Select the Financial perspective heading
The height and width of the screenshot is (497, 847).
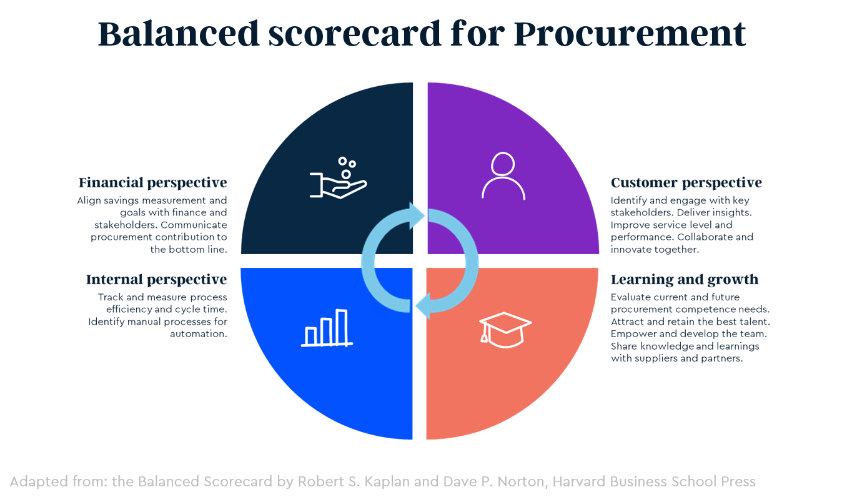pyautogui.click(x=152, y=183)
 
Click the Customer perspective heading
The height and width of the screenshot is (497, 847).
pyautogui.click(x=686, y=183)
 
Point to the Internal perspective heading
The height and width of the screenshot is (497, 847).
pyautogui.click(x=156, y=279)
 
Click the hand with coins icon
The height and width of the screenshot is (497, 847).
pyautogui.click(x=338, y=179)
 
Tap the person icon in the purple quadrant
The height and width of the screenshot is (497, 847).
pyautogui.click(x=503, y=176)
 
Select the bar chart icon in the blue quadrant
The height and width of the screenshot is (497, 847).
pyautogui.click(x=327, y=328)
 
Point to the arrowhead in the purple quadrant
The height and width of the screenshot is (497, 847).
pyautogui.click(x=417, y=215)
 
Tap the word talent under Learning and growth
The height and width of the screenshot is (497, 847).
pyautogui.click(x=756, y=322)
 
